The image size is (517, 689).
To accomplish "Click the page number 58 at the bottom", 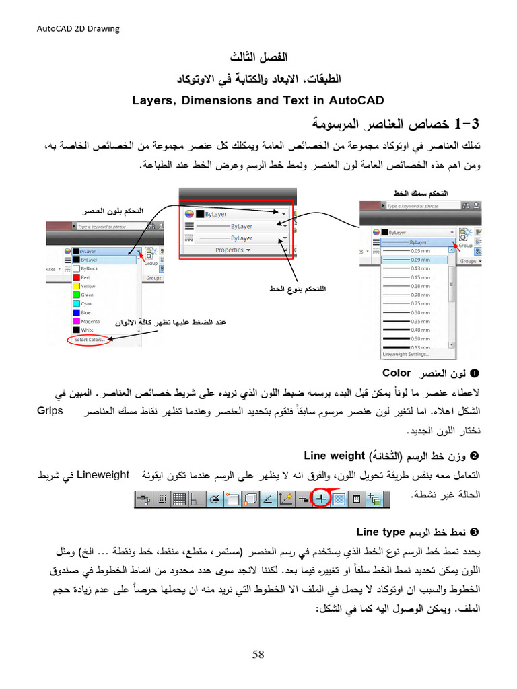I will click(258, 655).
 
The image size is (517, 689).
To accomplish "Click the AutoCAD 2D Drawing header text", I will click(77, 28).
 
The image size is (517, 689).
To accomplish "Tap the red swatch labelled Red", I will click(76, 277).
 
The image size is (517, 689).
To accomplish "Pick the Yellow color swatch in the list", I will click(76, 286).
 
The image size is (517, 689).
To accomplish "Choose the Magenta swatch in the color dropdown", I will click(76, 322).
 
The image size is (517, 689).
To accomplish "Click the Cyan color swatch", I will click(76, 303).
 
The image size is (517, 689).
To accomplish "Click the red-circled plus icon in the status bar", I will click(321, 499).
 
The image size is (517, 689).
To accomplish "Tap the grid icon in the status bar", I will click(179, 499).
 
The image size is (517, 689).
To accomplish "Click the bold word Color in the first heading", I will click(397, 373).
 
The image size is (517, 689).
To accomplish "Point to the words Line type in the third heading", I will click(380, 532).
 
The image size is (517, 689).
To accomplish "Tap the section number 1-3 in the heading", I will click(467, 124).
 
